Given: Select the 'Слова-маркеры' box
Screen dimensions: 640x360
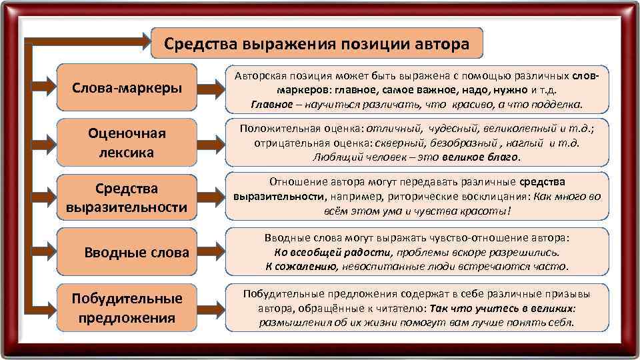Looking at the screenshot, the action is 127,88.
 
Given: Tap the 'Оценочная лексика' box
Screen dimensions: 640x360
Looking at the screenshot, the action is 127,143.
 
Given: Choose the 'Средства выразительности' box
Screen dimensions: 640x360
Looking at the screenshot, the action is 127,197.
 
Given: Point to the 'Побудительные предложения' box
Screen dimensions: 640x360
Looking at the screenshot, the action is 127,307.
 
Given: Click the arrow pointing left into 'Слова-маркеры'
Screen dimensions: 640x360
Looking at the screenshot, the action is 43,88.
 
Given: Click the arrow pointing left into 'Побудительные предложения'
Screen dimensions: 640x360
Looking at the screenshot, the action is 43,307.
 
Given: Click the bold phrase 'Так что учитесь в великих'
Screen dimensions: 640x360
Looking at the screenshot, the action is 502,309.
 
